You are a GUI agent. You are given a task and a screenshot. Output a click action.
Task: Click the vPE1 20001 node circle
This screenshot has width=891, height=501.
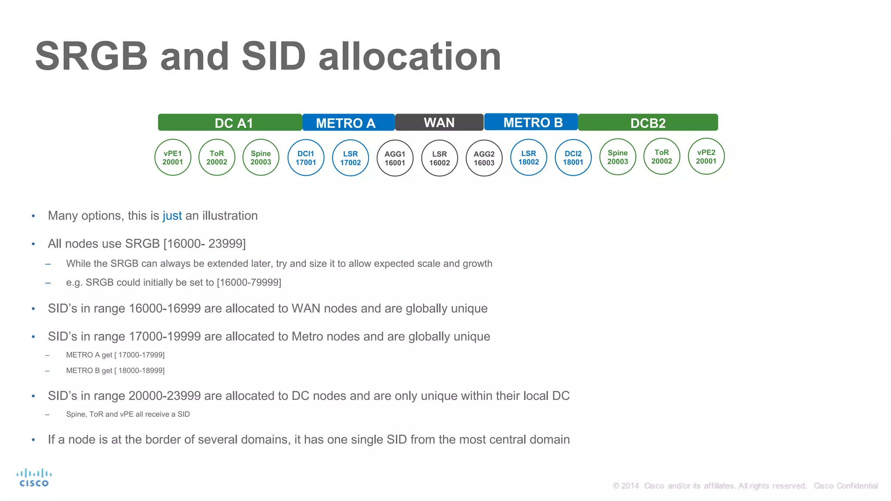coord(173,157)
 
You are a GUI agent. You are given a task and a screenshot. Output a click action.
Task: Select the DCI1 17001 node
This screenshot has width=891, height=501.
coord(306,158)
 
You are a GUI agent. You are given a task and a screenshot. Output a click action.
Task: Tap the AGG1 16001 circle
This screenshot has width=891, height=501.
coord(395,158)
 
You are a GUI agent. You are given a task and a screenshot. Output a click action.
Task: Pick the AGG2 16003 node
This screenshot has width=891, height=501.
coord(484,158)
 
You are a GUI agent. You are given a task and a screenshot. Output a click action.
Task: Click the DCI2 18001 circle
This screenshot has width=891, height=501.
coord(573,158)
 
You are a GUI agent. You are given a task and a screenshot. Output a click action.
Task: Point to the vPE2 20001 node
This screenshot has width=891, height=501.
coord(706,157)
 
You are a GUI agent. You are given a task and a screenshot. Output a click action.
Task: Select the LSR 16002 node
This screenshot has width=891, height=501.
coord(439,158)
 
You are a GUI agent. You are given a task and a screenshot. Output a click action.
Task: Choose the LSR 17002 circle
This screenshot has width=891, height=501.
coord(350,158)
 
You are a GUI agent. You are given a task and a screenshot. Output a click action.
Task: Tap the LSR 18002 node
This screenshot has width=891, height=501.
coord(529,157)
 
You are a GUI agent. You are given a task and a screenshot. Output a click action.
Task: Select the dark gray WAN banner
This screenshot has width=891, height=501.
coord(439,123)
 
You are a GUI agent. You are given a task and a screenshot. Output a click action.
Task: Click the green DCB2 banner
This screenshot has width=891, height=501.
coord(648,123)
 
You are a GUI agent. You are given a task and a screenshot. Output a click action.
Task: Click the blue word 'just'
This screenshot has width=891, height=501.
coord(172,216)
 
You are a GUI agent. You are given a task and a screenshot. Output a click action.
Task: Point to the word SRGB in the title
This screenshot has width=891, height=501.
coord(92,57)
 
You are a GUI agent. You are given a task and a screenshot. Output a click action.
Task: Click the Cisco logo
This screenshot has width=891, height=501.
coord(34,478)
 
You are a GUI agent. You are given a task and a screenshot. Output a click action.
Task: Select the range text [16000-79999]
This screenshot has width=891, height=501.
coord(249,283)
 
